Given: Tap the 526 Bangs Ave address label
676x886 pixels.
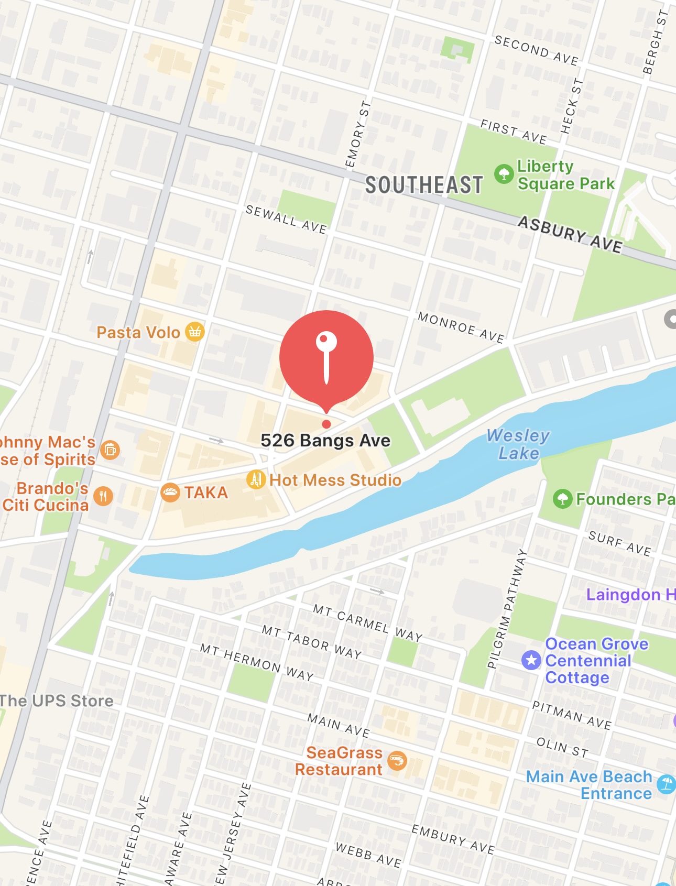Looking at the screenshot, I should click(325, 441).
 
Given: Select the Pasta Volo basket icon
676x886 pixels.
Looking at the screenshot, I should click(195, 332).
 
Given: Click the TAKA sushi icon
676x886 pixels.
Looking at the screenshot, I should click(170, 493).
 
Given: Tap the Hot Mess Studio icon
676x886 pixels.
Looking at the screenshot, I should click(256, 479).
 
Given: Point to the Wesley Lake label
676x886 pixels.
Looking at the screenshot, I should click(518, 444).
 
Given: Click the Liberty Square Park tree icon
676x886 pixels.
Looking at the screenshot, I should click(504, 174).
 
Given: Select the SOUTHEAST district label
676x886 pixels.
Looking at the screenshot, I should click(424, 185).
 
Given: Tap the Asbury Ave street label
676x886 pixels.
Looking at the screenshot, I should click(570, 234).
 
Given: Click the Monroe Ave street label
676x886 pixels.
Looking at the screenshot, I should click(461, 327).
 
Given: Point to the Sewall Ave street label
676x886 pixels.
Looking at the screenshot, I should click(286, 219).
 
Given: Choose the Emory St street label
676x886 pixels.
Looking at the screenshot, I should click(358, 135).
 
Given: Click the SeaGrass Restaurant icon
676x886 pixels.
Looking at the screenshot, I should click(397, 760).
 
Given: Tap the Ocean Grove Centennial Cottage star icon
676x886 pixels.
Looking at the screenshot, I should click(531, 660).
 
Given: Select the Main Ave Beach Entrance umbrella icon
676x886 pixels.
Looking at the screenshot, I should click(666, 784).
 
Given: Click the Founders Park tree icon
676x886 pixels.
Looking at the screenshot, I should click(562, 499).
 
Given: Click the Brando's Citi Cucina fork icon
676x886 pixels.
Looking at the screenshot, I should click(103, 496).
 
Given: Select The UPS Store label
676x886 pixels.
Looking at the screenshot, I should click(57, 701).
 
